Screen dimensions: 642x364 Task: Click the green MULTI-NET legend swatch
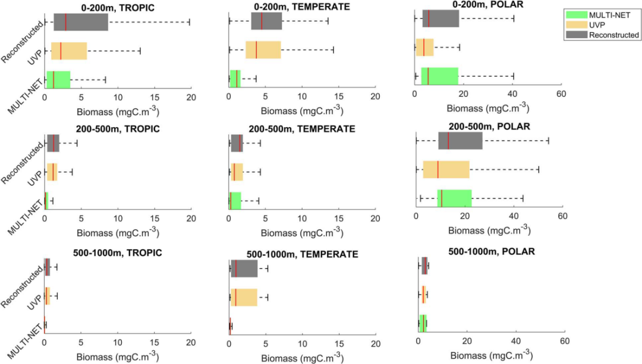click(576, 15)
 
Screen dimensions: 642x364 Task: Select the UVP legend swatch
click(576, 24)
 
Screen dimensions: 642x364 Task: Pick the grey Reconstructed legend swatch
click(576, 35)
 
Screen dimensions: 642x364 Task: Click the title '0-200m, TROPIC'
click(118, 8)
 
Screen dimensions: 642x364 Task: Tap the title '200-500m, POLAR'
click(489, 126)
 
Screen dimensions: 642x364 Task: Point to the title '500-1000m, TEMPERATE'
click(302, 254)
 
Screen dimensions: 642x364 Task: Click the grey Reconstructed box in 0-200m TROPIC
click(81, 22)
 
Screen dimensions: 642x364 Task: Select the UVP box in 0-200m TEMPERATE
click(263, 50)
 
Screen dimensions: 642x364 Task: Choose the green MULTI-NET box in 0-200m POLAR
click(440, 76)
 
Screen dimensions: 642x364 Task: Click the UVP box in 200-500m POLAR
click(446, 169)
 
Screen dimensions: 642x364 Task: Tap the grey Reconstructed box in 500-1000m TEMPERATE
click(244, 269)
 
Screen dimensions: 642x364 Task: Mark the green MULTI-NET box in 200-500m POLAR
click(455, 198)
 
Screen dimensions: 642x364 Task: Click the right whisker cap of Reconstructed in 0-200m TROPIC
click(189, 22)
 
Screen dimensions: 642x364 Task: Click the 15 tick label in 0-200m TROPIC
click(155, 97)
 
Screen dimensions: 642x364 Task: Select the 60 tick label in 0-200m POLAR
click(561, 94)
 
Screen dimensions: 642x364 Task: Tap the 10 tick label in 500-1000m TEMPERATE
click(302, 344)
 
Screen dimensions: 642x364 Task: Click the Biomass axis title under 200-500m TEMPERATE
click(302, 232)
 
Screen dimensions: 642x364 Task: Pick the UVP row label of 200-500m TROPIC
click(35, 178)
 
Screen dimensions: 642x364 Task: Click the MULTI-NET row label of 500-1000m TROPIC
click(25, 342)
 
